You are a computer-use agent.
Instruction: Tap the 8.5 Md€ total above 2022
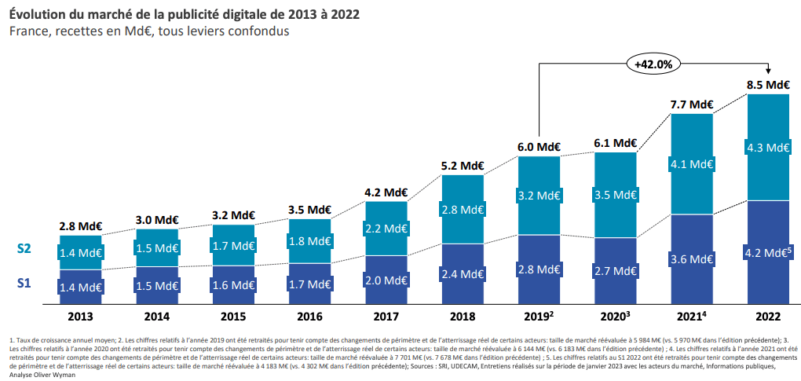(x=768, y=85)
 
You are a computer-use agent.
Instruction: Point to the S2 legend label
(x=24, y=248)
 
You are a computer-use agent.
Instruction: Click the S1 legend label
(x=24, y=282)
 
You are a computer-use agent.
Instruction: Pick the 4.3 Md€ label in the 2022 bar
(x=768, y=147)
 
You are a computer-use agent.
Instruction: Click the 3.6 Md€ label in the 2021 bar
(x=692, y=258)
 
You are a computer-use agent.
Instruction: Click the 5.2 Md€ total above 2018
(x=463, y=166)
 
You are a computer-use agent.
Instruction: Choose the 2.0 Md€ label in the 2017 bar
(x=386, y=280)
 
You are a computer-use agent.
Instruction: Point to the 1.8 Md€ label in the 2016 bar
(x=310, y=241)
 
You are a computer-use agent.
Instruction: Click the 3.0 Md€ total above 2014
(x=157, y=220)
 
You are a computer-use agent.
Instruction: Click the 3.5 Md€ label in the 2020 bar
(x=616, y=193)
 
